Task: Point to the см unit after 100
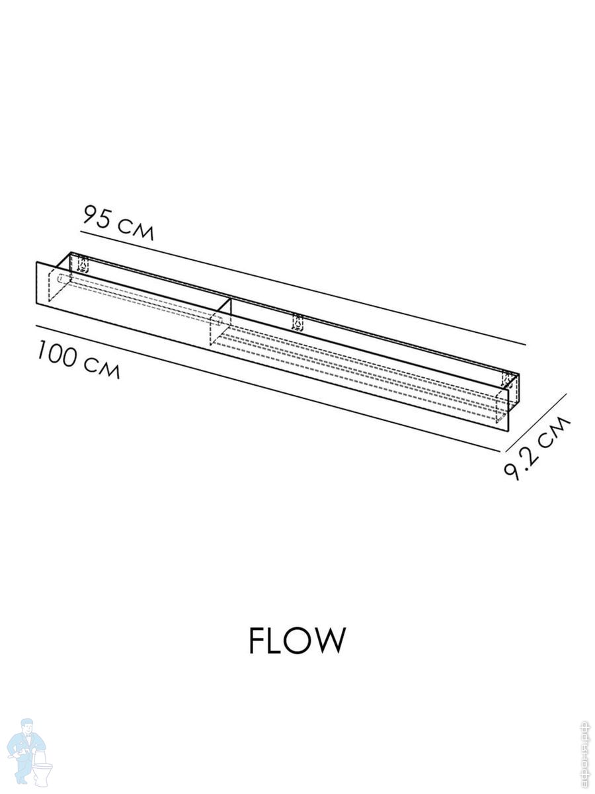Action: click(x=102, y=369)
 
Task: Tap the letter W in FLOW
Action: click(x=329, y=640)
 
